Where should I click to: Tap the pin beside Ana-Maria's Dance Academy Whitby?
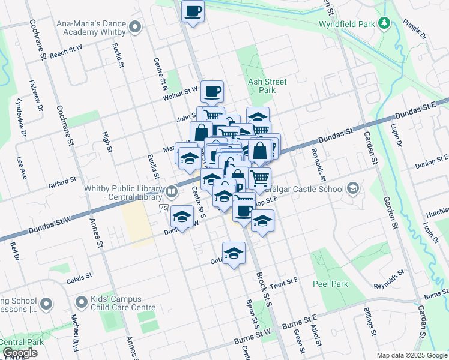136,26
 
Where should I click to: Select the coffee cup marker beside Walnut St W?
212,92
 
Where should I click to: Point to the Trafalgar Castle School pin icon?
353,189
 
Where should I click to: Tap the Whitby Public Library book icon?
172,192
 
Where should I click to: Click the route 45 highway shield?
163,208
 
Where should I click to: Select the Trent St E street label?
285,280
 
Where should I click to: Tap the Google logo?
20,353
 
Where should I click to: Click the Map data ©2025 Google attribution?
412,355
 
